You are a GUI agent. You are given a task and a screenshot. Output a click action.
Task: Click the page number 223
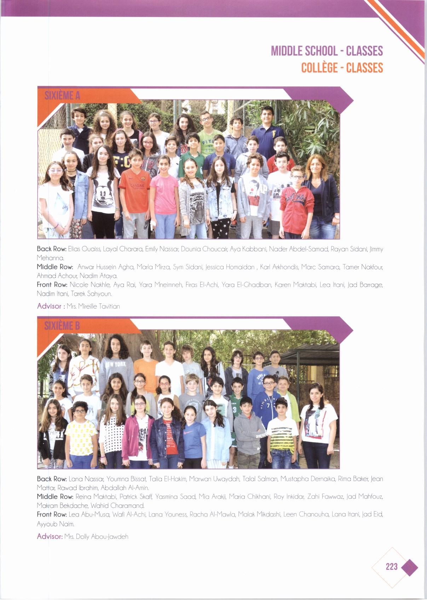coord(392,567)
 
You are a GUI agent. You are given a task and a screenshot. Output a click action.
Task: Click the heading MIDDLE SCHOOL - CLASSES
coord(327,51)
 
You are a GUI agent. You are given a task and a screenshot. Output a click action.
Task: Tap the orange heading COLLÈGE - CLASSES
coord(342,68)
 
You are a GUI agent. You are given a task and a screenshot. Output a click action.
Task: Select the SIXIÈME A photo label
coord(62,95)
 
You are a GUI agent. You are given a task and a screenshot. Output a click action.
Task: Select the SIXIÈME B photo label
coord(62,325)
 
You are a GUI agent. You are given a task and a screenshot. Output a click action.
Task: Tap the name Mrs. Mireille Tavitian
coord(93,307)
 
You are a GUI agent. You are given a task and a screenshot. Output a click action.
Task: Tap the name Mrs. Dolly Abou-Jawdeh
coord(96,537)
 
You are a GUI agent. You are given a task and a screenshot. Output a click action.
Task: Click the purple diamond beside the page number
coord(410,567)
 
